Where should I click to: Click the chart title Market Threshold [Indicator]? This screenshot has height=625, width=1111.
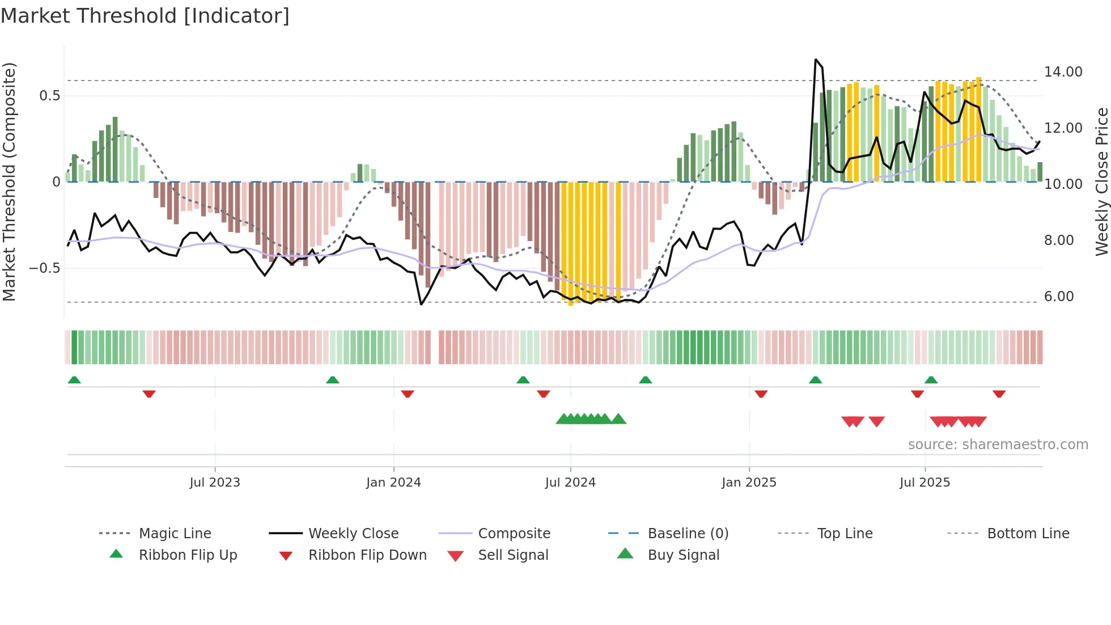pyautogui.click(x=145, y=16)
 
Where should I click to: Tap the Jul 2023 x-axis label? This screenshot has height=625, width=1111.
pyautogui.click(x=215, y=483)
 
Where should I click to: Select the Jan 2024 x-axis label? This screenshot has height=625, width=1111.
pyautogui.click(x=393, y=483)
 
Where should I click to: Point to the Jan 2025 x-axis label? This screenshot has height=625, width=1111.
pyautogui.click(x=749, y=483)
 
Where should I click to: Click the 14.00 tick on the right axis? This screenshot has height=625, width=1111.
pyautogui.click(x=1063, y=72)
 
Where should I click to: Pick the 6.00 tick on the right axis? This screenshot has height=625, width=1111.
pyautogui.click(x=1059, y=297)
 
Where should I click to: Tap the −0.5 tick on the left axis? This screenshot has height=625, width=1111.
pyautogui.click(x=45, y=268)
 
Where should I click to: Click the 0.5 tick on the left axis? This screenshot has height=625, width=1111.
pyautogui.click(x=50, y=96)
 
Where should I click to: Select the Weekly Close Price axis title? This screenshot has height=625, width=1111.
pyautogui.click(x=1101, y=181)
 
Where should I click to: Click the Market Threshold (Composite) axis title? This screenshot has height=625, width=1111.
pyautogui.click(x=9, y=181)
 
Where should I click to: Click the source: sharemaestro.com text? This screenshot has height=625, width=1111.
pyautogui.click(x=998, y=445)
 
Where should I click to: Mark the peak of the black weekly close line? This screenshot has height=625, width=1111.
pyautogui.click(x=816, y=60)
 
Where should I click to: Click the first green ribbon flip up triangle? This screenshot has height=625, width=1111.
pyautogui.click(x=74, y=380)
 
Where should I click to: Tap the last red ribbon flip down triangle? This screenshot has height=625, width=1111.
pyautogui.click(x=999, y=394)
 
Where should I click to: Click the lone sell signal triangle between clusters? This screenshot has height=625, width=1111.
pyautogui.click(x=876, y=421)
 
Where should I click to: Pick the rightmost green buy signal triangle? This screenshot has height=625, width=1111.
pyautogui.click(x=618, y=419)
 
